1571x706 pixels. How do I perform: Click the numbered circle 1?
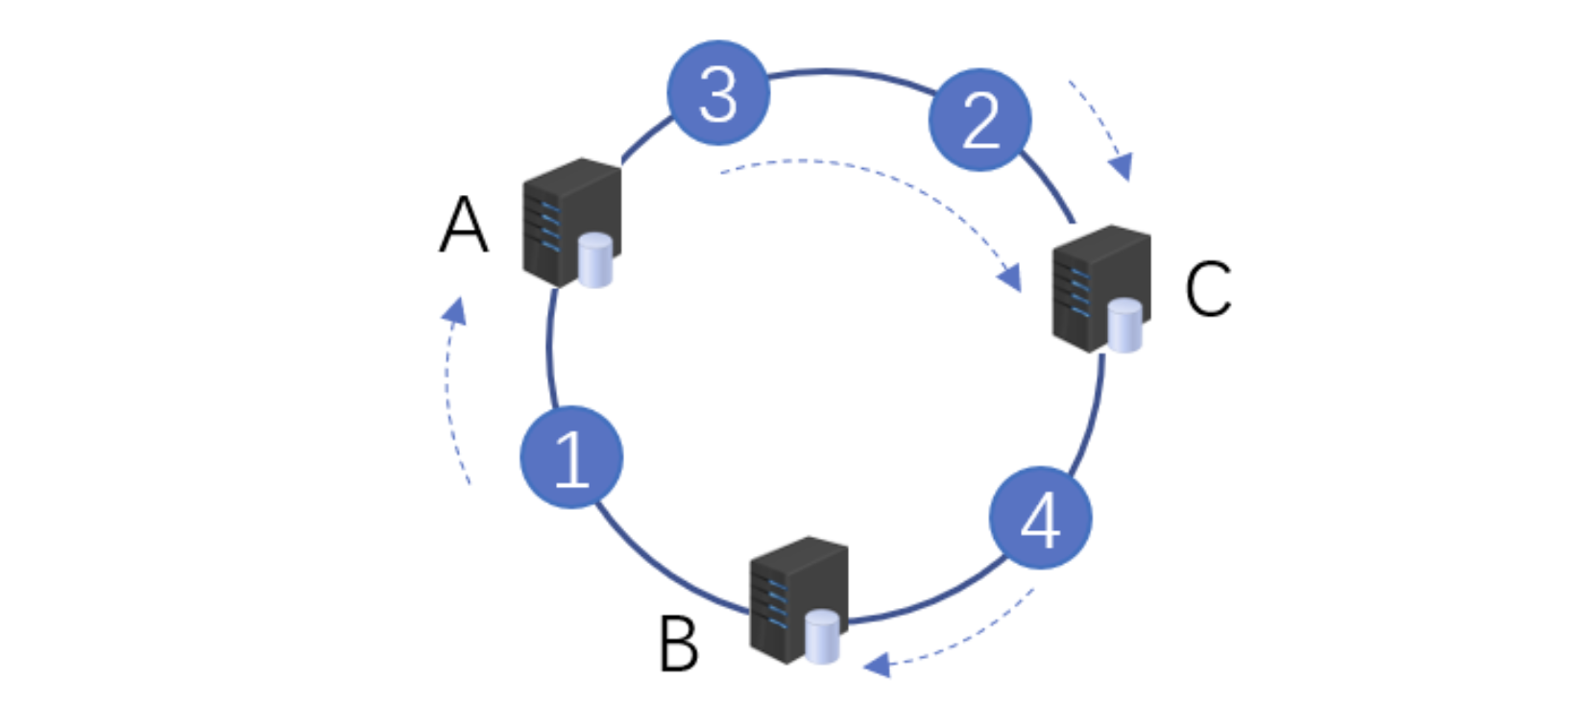[x=571, y=457]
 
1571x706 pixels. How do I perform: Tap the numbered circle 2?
[x=979, y=120]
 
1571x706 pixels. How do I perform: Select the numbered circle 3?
[x=718, y=93]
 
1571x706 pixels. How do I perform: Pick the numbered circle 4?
[x=1040, y=519]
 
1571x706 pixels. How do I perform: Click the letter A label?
[x=464, y=225]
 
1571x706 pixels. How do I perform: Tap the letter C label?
[x=1207, y=288]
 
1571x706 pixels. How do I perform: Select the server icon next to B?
[x=796, y=598]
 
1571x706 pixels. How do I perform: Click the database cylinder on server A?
[x=594, y=259]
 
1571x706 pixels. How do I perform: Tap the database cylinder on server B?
[x=822, y=636]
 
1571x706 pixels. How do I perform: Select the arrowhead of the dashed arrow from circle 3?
[x=1009, y=278]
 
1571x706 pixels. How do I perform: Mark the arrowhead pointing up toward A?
[x=455, y=310]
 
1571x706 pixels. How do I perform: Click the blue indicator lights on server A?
[x=549, y=227]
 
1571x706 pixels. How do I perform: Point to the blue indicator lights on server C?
[x=1079, y=293]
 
